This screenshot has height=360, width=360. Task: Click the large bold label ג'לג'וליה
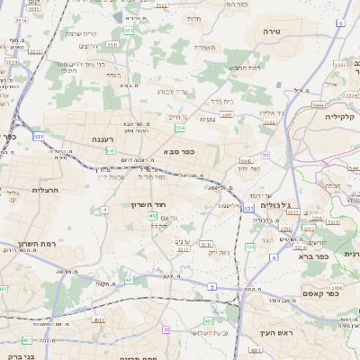[x=274, y=205]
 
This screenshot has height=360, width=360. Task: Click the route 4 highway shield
[x=105, y=209]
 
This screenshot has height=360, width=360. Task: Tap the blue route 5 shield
[x=212, y=285]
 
